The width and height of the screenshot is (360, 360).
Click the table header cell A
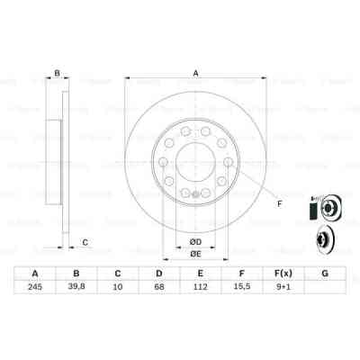[x=34, y=274]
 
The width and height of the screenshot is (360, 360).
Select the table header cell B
[x=76, y=274]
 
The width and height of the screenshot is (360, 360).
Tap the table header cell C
[x=118, y=274]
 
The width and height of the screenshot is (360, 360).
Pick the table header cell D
[x=159, y=274]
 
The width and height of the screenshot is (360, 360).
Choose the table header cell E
[x=201, y=274]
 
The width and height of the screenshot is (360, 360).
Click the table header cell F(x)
[x=283, y=274]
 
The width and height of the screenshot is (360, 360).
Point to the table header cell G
[x=325, y=274]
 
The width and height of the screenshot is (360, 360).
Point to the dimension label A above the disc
[x=193, y=75]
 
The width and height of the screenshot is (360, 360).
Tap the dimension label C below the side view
[x=85, y=240]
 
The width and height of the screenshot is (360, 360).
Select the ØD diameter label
[x=193, y=240]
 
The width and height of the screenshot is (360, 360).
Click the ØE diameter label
[x=193, y=255]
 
